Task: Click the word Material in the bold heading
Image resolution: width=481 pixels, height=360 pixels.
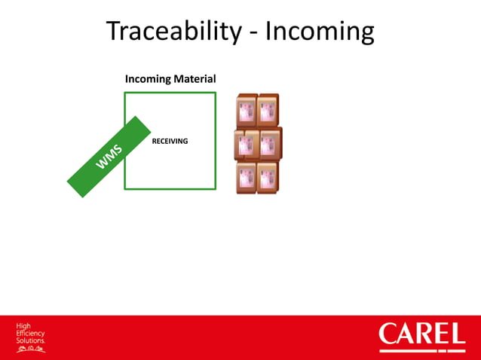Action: (195, 79)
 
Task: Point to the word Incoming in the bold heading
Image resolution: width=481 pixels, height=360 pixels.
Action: (148, 79)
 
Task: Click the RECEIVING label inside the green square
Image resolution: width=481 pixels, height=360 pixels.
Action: (170, 141)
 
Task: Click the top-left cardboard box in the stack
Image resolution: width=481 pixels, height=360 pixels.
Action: (246, 110)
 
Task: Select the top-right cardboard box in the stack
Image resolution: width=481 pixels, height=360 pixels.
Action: (268, 110)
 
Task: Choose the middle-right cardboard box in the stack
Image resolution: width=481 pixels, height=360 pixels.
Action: (268, 144)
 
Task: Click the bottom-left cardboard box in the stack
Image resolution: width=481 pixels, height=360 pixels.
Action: (246, 178)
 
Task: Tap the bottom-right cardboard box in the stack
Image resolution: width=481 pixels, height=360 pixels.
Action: (268, 178)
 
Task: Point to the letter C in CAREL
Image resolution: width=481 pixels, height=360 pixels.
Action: (390, 334)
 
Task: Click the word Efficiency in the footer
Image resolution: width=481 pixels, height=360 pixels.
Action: (31, 333)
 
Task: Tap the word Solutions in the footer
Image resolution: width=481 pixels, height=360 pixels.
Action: (31, 340)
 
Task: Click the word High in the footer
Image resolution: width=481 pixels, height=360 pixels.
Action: (23, 326)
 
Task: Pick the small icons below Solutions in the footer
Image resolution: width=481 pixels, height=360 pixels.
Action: (31, 349)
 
